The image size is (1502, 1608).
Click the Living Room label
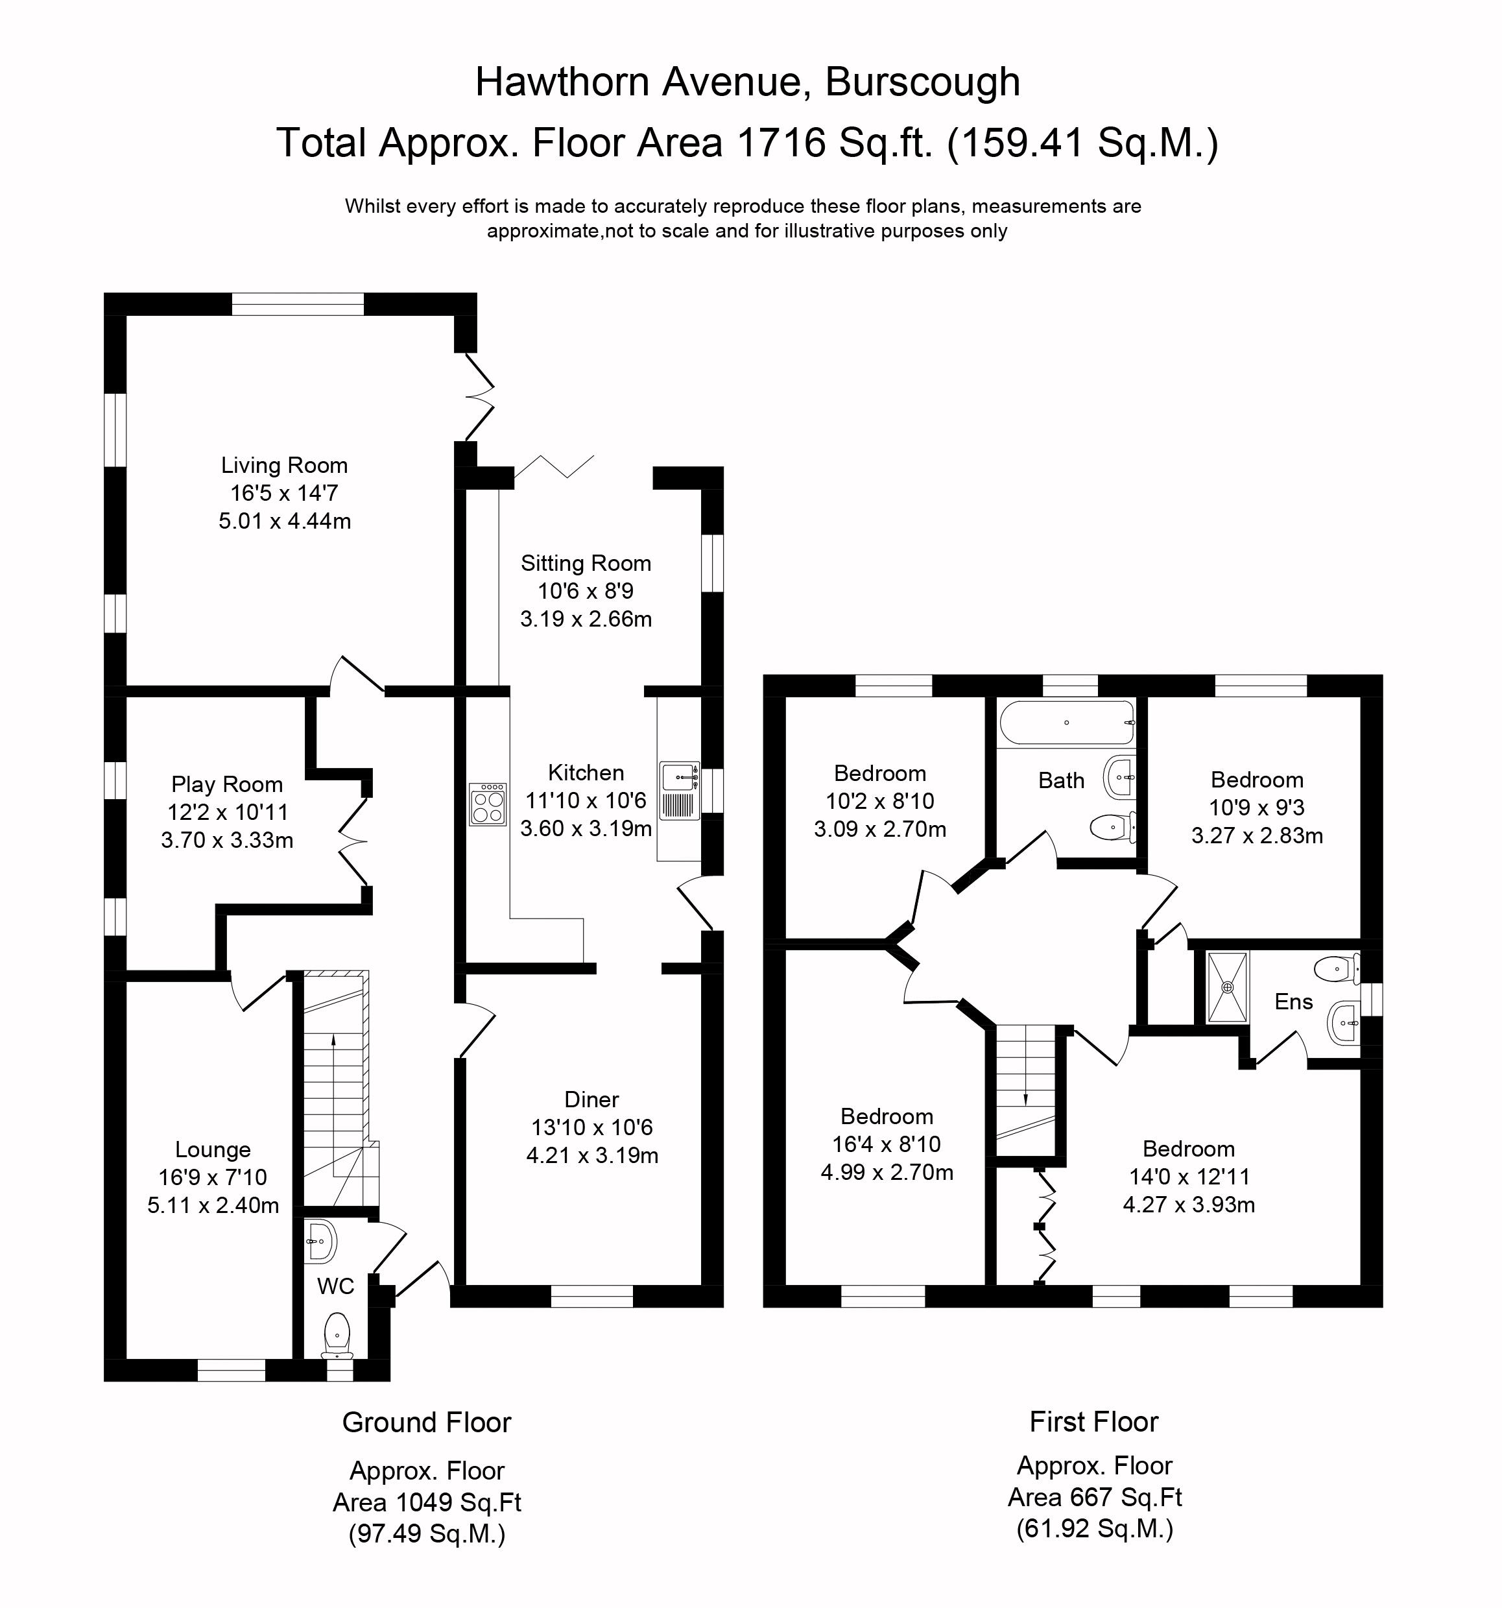[x=284, y=465]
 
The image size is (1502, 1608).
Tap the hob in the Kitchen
[x=488, y=803]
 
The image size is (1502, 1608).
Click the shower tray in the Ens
[x=1228, y=987]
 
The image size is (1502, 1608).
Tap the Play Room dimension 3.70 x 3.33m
[x=226, y=841]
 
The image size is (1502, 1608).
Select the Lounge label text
[x=213, y=1149]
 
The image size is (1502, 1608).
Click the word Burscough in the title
[x=923, y=82]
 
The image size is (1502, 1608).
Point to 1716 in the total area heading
[x=781, y=142]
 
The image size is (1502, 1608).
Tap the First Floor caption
[x=1093, y=1421]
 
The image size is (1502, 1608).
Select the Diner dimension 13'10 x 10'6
[x=592, y=1127]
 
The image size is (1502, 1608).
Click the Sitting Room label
[x=586, y=563]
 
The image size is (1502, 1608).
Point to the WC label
[x=336, y=1286]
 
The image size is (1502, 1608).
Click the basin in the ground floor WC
[x=321, y=1241]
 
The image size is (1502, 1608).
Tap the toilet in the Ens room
[x=1338, y=969]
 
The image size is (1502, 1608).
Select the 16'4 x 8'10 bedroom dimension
[x=887, y=1144]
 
